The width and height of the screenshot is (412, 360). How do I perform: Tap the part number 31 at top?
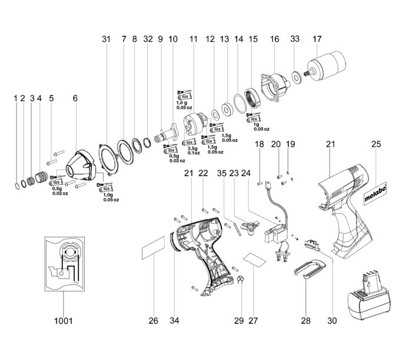click(106, 39)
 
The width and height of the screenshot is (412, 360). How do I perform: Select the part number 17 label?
click(318, 39)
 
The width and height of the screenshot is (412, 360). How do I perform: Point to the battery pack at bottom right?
click(369, 300)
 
